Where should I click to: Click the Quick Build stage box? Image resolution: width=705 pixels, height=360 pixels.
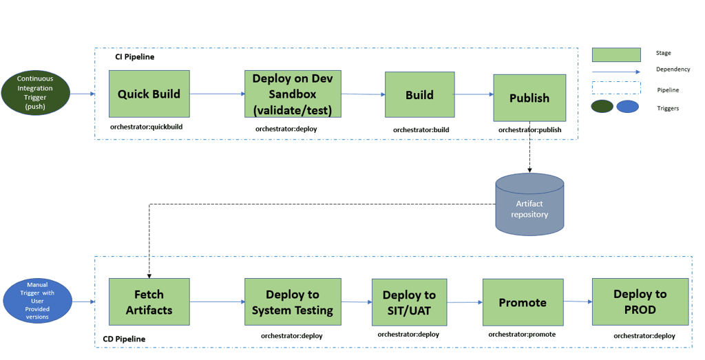(x=149, y=94)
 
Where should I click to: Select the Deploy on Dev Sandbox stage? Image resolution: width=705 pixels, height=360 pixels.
(x=293, y=94)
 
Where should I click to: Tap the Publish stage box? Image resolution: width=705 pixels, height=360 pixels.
(x=529, y=98)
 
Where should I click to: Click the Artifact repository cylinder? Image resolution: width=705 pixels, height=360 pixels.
(x=529, y=204)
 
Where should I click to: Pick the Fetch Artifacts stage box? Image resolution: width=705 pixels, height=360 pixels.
(x=149, y=301)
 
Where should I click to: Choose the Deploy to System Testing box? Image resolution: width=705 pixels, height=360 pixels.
(x=293, y=301)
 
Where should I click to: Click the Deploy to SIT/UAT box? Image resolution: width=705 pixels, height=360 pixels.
(x=409, y=302)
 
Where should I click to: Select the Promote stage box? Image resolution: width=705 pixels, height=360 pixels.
(x=523, y=302)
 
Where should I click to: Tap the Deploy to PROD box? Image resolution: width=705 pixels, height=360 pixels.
(x=640, y=301)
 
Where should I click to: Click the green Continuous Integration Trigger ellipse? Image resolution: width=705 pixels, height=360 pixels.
(x=36, y=93)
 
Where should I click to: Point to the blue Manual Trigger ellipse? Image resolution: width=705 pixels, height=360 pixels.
(x=37, y=301)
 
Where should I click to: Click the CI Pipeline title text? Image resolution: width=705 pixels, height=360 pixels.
(x=135, y=57)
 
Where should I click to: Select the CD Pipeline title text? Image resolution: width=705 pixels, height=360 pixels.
(x=124, y=339)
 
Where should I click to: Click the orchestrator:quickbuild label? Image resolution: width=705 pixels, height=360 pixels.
(x=147, y=127)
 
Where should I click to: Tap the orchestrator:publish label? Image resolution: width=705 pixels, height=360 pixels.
(x=529, y=130)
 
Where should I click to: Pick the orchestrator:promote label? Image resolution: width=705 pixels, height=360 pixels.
(x=522, y=335)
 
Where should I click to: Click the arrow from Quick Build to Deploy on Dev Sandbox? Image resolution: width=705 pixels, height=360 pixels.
(x=218, y=94)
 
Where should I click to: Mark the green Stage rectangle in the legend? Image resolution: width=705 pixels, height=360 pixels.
(x=616, y=54)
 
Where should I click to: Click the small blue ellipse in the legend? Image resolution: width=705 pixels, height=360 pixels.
(x=628, y=107)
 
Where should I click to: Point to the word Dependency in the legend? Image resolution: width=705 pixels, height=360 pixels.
(x=673, y=70)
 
